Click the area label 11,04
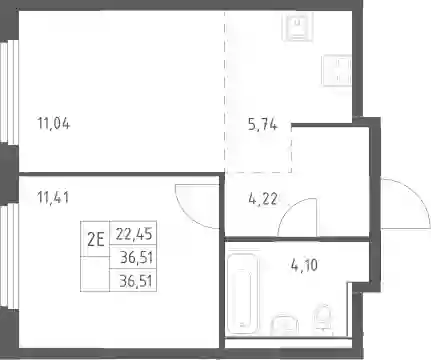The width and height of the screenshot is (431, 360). coord(54,124)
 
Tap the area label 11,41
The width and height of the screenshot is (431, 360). coord(53,198)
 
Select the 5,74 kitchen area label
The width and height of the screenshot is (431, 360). coord(263,125)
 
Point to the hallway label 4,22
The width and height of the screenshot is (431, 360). coord(263,199)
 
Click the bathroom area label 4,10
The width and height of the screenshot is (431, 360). coord(304,266)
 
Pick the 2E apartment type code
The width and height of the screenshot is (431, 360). coord(96,239)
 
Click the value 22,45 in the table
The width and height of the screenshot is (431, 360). coord(134,233)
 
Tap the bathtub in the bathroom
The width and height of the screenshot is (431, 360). coord(243,294)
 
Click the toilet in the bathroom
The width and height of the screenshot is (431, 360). coord(322,319)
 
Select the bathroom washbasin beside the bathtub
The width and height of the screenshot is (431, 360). coord(284,325)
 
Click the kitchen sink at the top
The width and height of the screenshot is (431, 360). coord(298,27)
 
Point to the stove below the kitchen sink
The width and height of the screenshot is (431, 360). coord(337,70)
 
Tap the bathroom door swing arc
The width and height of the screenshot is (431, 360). coord(289,208)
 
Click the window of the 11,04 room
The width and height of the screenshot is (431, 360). coord(9,92)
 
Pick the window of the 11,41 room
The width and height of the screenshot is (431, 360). coord(9,256)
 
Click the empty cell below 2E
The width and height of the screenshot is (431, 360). coord(95,274)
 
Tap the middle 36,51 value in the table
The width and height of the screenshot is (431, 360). coord(136,258)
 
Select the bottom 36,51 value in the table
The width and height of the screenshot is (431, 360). coord(136,281)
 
